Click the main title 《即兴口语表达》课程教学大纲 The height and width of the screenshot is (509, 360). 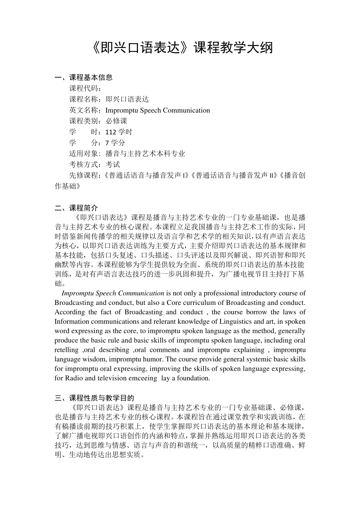[182, 48]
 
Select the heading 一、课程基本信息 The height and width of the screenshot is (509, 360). [84, 78]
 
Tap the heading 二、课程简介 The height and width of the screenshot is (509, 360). [77, 208]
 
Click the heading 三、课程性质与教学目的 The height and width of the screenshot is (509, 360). [94, 398]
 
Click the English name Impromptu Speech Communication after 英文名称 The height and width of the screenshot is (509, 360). [157, 111]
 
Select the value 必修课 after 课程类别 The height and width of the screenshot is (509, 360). [116, 121]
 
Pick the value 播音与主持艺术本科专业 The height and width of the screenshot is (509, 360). [145, 154]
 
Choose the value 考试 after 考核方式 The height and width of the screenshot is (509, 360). [113, 164]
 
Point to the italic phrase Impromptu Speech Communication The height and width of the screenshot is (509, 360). [113, 293]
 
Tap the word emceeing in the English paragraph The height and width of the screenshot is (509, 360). [142, 378]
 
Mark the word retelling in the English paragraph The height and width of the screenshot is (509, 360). [66, 350]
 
